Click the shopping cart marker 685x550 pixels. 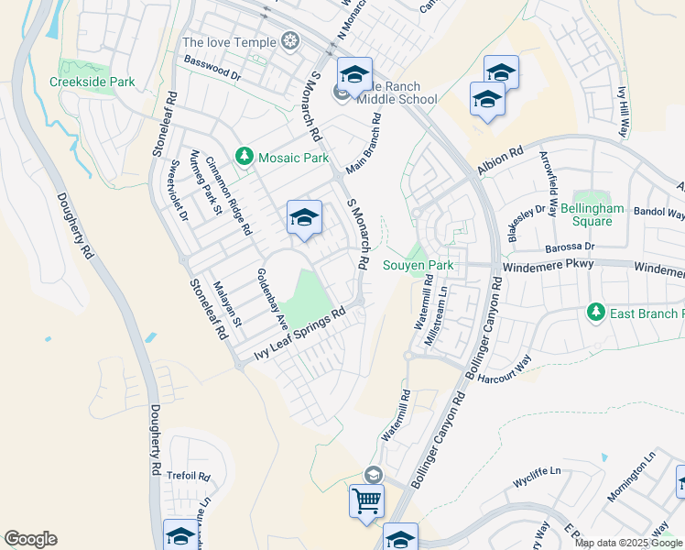pyautogui.click(x=366, y=501)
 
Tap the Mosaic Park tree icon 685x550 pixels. pyautogui.click(x=245, y=158)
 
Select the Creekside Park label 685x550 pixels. pyautogui.click(x=92, y=82)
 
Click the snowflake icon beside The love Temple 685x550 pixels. pyautogui.click(x=290, y=42)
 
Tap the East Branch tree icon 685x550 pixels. pyautogui.click(x=596, y=313)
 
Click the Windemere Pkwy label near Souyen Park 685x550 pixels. pyautogui.click(x=549, y=265)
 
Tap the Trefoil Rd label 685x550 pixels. pyautogui.click(x=190, y=477)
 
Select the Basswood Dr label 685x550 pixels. pyautogui.click(x=212, y=67)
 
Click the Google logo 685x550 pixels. pyautogui.click(x=30, y=539)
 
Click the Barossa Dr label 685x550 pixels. pyautogui.click(x=571, y=247)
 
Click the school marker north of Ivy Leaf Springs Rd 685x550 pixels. pyautogui.click(x=304, y=218)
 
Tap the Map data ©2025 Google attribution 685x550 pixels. pyautogui.click(x=628, y=543)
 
